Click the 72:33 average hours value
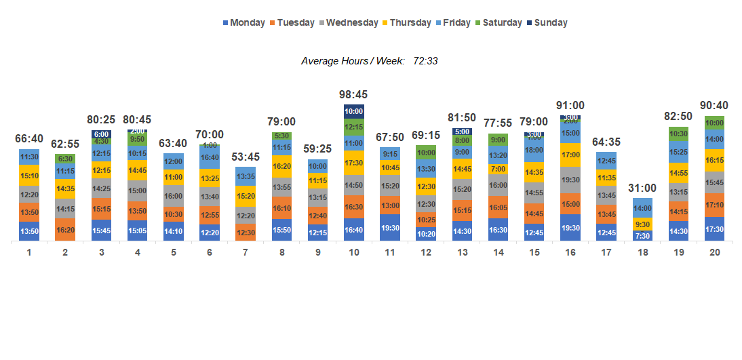click(425, 61)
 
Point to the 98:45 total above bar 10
click(353, 95)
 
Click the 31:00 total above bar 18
click(643, 188)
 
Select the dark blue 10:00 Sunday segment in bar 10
click(353, 111)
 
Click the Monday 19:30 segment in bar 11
click(389, 228)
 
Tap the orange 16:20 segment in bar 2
click(65, 230)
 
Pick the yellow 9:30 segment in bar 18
click(642, 224)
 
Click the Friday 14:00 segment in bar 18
click(642, 208)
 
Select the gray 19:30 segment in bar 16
click(570, 180)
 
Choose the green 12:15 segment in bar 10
click(353, 127)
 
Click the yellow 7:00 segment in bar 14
click(498, 169)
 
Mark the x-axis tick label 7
click(245, 252)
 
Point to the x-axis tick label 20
click(714, 252)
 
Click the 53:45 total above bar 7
click(246, 157)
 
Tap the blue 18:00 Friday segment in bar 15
click(534, 150)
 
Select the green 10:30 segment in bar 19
click(678, 134)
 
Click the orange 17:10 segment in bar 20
click(714, 204)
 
